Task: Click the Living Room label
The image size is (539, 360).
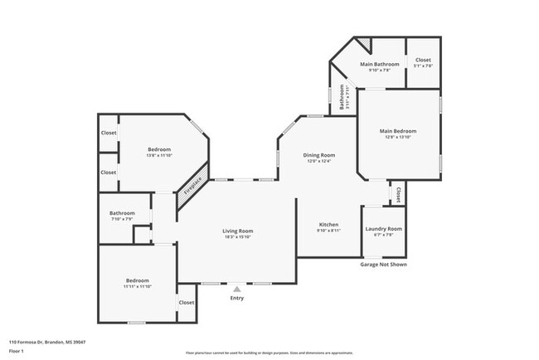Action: pos(237,231)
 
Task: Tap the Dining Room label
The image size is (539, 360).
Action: pos(319,154)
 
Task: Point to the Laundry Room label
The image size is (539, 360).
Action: pos(383,228)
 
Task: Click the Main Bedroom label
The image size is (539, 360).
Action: pos(398,130)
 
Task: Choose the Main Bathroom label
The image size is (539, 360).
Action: pos(379,64)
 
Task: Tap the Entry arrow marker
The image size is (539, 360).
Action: pos(237,289)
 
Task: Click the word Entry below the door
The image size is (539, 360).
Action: pos(237,298)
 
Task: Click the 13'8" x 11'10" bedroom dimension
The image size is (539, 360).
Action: pos(159,155)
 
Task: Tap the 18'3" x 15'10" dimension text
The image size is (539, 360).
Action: pos(237,237)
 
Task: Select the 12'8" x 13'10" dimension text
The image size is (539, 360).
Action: pos(398,137)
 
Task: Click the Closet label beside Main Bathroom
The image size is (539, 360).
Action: pos(423,60)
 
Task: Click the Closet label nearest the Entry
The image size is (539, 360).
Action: pos(187,302)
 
